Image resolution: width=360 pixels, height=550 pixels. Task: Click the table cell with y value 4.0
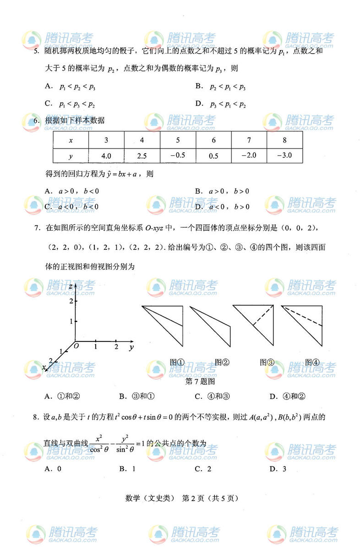click(106, 156)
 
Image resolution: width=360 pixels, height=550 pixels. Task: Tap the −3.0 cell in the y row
click(285, 155)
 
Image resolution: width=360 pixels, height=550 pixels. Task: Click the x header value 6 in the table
click(213, 140)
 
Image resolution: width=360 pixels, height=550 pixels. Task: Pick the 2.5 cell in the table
click(142, 156)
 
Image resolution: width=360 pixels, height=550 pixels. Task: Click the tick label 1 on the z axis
click(71, 321)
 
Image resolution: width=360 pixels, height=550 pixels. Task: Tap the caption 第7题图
click(199, 381)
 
